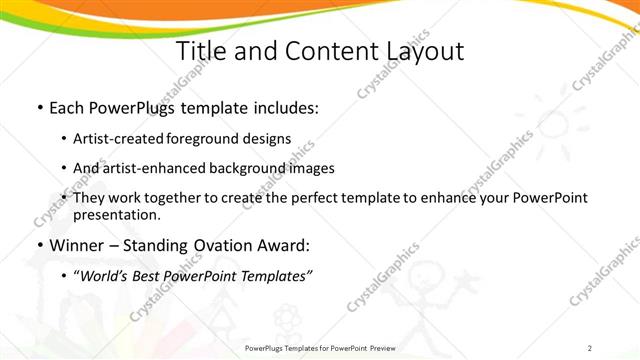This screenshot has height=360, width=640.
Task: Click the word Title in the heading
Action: (x=202, y=52)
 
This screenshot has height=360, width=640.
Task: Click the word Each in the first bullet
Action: (x=67, y=107)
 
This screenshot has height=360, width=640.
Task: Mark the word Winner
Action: (x=76, y=245)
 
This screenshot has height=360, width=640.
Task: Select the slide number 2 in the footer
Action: (x=590, y=348)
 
